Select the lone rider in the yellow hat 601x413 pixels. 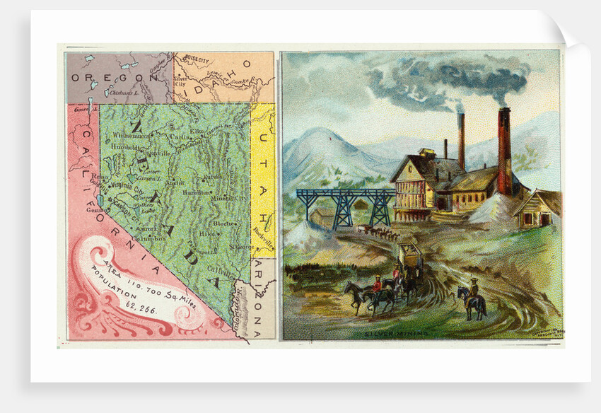pos(472,297)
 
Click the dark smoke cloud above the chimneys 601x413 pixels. pos(453,78)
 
